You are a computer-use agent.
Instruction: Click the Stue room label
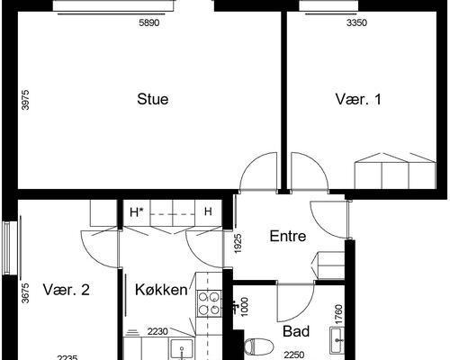(153, 99)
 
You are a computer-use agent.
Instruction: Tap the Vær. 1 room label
(358, 99)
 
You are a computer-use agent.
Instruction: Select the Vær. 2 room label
(67, 290)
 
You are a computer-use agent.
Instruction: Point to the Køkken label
(161, 290)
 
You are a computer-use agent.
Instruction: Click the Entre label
(288, 236)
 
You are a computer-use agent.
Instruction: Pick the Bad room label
(296, 331)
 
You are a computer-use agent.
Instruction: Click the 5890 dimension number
(149, 22)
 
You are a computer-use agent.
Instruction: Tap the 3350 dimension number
(356, 22)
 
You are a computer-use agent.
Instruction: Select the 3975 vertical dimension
(26, 100)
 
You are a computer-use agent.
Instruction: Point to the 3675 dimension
(26, 293)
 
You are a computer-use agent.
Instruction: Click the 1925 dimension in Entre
(238, 244)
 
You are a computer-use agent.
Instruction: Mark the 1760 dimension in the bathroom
(339, 314)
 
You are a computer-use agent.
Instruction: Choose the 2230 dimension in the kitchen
(157, 332)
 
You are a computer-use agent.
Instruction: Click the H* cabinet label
(136, 212)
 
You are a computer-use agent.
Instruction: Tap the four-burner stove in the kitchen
(209, 303)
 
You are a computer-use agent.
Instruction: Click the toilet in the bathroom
(258, 346)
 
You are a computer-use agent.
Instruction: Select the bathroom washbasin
(337, 340)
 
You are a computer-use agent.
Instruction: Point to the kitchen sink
(182, 349)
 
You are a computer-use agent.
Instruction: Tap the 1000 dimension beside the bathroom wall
(245, 307)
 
